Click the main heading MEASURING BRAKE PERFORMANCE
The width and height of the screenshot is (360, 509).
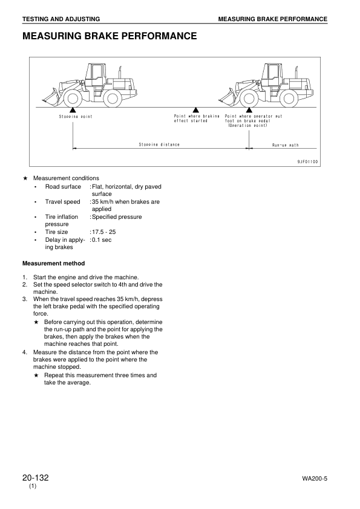[109, 36]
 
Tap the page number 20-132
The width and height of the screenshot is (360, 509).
[35, 478]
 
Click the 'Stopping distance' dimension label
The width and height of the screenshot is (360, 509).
[159, 145]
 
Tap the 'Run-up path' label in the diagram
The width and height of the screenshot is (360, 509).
[285, 145]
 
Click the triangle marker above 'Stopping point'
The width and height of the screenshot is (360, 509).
[73, 109]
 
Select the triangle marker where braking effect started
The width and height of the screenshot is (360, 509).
[196, 109]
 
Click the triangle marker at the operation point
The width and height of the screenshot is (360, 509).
[249, 109]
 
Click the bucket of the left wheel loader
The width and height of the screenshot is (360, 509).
[50, 96]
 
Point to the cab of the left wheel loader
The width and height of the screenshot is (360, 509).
[95, 76]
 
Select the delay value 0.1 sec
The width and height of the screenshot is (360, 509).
[102, 240]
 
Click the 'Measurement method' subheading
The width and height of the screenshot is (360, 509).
[53, 263]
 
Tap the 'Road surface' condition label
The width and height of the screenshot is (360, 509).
[63, 187]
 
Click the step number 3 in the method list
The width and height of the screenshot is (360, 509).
[25, 299]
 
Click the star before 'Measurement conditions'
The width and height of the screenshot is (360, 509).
[25, 178]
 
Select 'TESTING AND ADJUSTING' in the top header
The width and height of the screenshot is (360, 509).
[61, 19]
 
